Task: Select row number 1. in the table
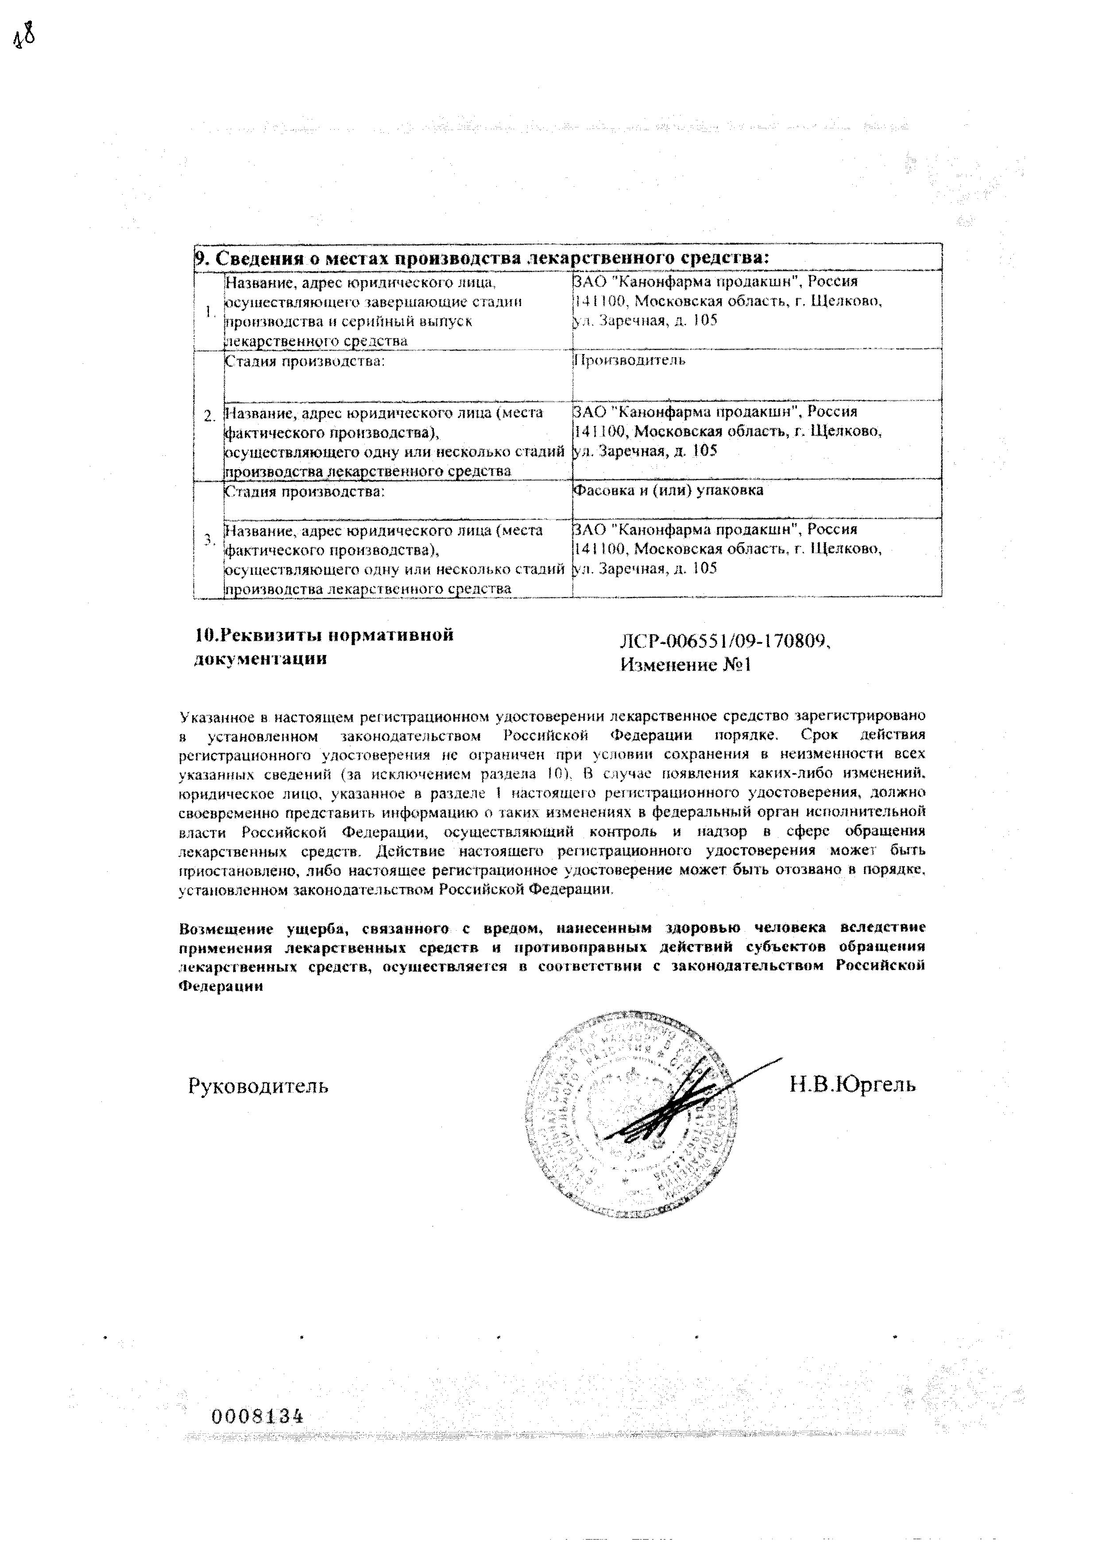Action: (x=209, y=312)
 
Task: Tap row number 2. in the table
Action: (x=209, y=415)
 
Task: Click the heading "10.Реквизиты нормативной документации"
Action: (x=323, y=646)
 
